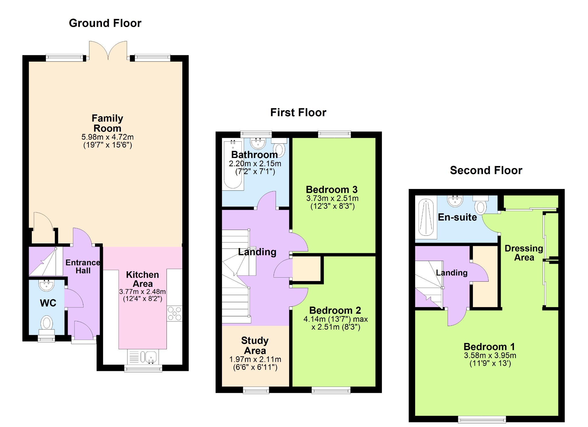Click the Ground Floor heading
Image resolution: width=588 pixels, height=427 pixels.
(x=105, y=23)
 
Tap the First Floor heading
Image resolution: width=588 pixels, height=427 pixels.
(x=298, y=112)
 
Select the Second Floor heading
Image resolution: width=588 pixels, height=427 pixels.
(x=486, y=170)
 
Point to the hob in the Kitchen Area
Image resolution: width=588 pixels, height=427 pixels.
(x=175, y=313)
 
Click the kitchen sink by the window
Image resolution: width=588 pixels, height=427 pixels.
(x=143, y=357)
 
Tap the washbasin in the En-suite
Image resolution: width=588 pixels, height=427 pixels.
(x=455, y=201)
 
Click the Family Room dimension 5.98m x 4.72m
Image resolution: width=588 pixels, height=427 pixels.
(x=108, y=137)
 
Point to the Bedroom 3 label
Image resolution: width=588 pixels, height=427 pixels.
(x=332, y=190)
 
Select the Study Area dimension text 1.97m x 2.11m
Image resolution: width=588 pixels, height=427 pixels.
(x=255, y=359)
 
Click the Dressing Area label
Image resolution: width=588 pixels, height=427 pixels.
(x=524, y=253)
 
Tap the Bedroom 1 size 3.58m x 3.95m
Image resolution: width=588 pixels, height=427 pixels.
(x=490, y=356)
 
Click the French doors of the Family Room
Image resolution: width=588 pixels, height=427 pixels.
(x=108, y=51)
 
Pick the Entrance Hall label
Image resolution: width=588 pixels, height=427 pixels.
(x=83, y=266)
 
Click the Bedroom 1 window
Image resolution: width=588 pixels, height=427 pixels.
(x=482, y=420)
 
